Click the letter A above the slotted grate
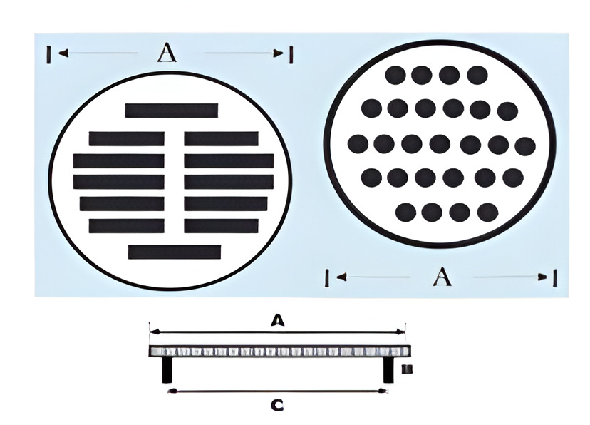(x=167, y=52)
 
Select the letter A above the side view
(x=277, y=321)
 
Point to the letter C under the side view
(x=277, y=406)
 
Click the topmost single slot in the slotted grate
(x=172, y=111)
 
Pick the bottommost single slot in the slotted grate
(x=175, y=252)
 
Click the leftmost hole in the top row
(x=395, y=75)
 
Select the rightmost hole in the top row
(x=477, y=75)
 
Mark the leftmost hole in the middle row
(x=358, y=144)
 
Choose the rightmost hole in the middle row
(x=525, y=146)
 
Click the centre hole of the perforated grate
(x=440, y=144)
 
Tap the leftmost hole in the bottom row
(x=405, y=212)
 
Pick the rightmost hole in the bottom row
(x=487, y=212)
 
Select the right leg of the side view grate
(x=388, y=369)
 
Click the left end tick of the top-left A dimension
(x=48, y=53)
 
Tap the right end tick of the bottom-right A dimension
(x=554, y=277)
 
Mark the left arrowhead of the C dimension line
(x=170, y=391)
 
